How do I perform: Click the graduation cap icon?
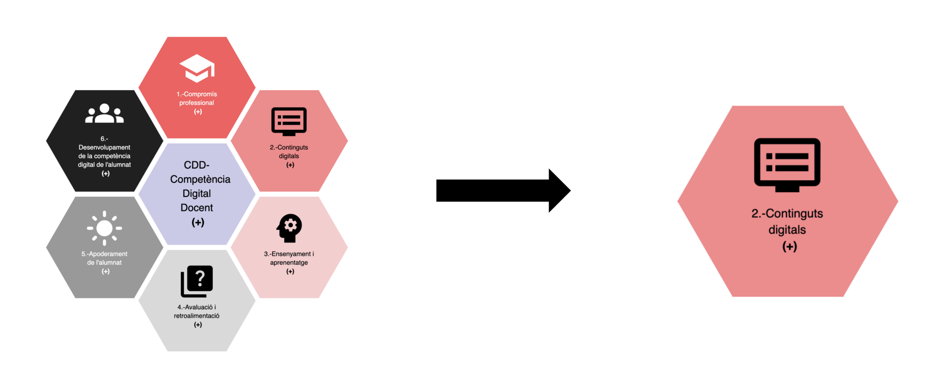coord(197,68)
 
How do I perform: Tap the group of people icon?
coord(104,113)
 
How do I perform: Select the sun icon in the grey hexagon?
coord(104,228)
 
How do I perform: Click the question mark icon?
coord(197,281)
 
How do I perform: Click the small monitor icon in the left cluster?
coord(289,121)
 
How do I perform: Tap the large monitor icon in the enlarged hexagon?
coord(787,165)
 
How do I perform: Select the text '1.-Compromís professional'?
coord(197,98)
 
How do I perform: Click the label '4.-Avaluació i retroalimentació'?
coord(197,311)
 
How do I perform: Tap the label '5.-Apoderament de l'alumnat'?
coord(104,258)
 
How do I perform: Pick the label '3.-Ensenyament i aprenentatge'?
coord(289,258)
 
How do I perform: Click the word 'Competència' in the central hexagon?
coord(200,179)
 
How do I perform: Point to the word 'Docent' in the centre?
coord(197,208)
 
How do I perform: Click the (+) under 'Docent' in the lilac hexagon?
coord(198,222)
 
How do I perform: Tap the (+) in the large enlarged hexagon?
coord(790,246)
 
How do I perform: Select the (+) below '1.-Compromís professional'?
coord(198,111)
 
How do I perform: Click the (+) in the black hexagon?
coord(106,173)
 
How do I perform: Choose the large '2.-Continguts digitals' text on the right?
coord(787,221)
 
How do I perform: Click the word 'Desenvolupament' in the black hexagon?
coord(104,147)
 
